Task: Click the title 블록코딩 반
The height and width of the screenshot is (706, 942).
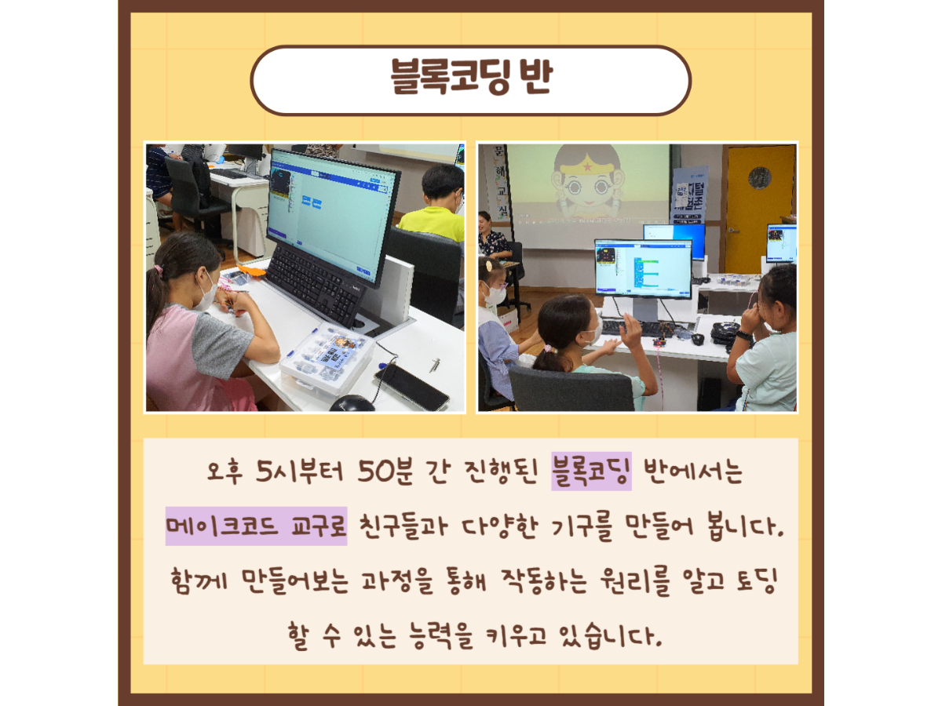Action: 471,77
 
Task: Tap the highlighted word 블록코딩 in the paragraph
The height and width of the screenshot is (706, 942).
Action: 591,471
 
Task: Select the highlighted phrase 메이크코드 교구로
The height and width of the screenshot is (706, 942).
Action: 256,526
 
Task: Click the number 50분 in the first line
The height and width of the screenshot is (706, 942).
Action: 385,471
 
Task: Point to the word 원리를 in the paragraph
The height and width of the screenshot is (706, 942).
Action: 635,581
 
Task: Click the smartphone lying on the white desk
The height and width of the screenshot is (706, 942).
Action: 411,387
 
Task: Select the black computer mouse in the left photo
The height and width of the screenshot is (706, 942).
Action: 352,403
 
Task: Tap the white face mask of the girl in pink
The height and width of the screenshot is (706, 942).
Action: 205,293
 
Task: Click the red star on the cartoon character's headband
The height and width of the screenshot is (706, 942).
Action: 587,167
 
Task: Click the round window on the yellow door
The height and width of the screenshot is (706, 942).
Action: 760,178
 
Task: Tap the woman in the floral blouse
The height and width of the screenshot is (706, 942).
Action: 493,236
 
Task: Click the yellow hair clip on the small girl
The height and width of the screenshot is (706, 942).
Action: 488,266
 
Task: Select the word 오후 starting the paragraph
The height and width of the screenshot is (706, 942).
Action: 225,471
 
